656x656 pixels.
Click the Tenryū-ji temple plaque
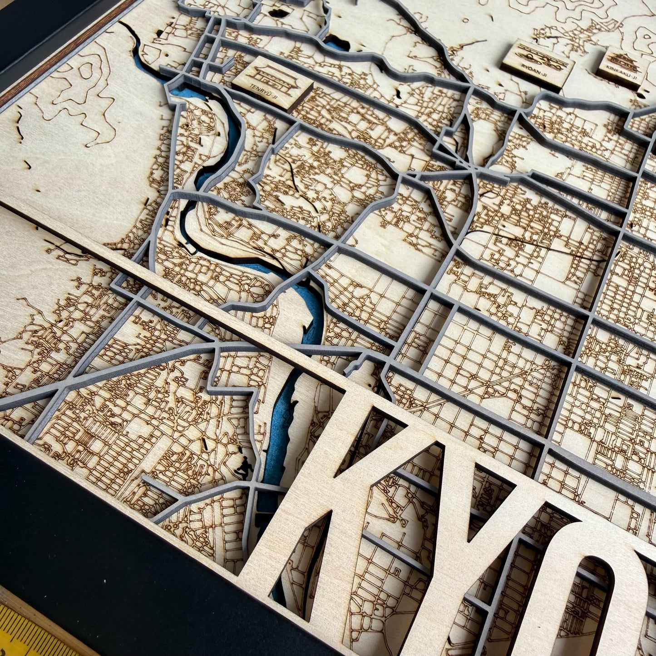(273, 86)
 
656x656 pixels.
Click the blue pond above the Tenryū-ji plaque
(336, 43)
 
